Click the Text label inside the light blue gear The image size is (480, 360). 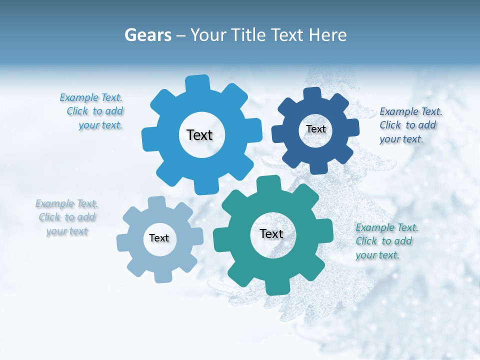pyautogui.click(x=199, y=135)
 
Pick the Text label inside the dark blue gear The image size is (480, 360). pyautogui.click(x=315, y=129)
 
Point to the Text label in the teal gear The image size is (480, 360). pyautogui.click(x=271, y=234)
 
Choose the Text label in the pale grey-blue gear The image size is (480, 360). pyautogui.click(x=159, y=238)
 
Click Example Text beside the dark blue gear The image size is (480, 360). pyautogui.click(x=411, y=111)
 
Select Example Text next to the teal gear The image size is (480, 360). pyautogui.click(x=387, y=228)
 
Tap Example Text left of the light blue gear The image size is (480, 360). pyautogui.click(x=91, y=98)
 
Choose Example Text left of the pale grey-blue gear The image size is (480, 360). pyautogui.click(x=66, y=204)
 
